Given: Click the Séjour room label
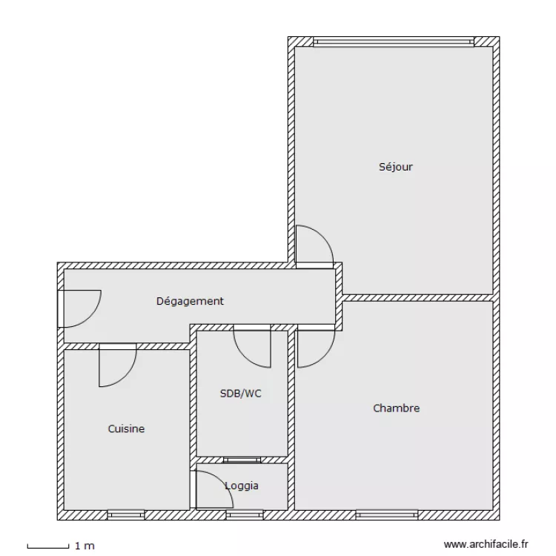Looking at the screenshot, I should tap(396, 167).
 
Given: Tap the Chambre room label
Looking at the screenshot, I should tap(396, 408).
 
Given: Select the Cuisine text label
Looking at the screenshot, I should tap(126, 428).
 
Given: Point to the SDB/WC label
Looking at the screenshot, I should tap(241, 394).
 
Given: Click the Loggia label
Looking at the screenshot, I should tap(242, 486).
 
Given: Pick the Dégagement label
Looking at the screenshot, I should tap(190, 301).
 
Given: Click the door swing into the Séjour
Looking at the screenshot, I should tap(313, 245).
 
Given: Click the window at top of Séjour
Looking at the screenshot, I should tap(394, 42).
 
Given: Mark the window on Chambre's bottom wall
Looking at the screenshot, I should tap(386, 514).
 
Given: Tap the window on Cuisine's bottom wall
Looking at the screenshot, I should tap(126, 514).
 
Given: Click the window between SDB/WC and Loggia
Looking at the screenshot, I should tap(241, 460).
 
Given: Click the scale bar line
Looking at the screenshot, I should tap(48, 546).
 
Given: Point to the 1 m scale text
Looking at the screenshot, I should tap(85, 546).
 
